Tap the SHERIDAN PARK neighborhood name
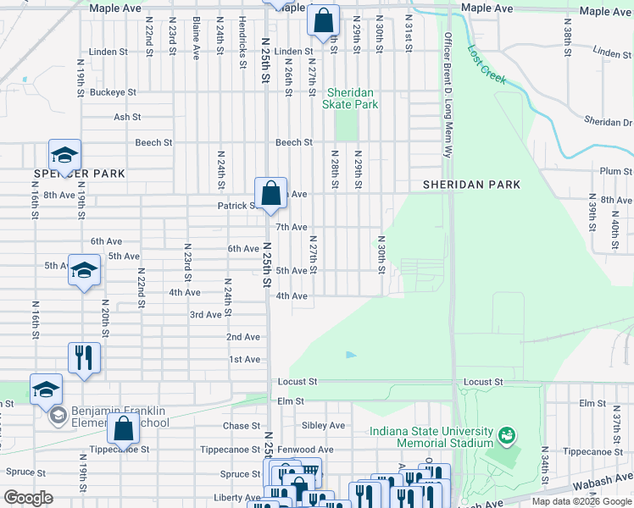coord(471,185)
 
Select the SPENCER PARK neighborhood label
coord(80,174)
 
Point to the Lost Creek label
coord(487,64)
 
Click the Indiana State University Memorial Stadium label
coord(431,437)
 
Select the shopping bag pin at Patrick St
coord(270,193)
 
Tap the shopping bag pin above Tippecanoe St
coord(124,429)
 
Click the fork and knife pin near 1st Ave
coord(84,357)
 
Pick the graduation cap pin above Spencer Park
coord(64,155)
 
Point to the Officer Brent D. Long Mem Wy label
coord(447,95)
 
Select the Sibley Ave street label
coord(325,426)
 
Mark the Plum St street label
coord(610,171)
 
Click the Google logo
coord(28,497)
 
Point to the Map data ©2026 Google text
coord(581,501)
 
